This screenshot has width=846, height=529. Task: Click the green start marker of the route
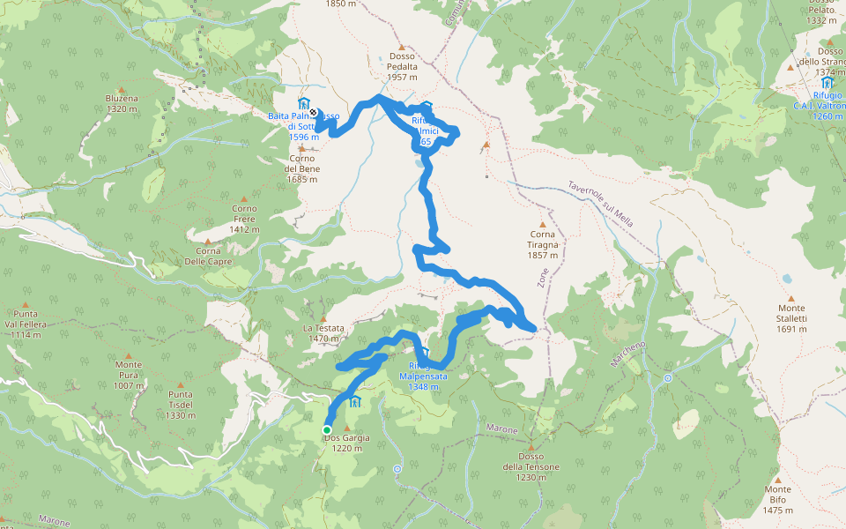pyautogui.click(x=327, y=430)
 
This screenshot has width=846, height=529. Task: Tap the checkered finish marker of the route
pyautogui.click(x=314, y=112)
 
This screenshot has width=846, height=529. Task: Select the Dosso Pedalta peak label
pyautogui.click(x=402, y=66)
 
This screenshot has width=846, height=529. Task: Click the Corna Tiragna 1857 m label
pyautogui.click(x=544, y=244)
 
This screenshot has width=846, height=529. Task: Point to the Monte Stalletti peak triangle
pyautogui.click(x=790, y=298)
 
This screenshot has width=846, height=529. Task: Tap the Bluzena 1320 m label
pyautogui.click(x=122, y=104)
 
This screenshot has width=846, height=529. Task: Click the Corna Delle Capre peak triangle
pyautogui.click(x=208, y=242)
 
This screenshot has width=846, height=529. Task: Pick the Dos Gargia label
pyautogui.click(x=347, y=443)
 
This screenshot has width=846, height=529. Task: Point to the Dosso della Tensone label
pyautogui.click(x=531, y=466)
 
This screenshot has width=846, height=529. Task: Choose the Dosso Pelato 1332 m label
pyautogui.click(x=820, y=15)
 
